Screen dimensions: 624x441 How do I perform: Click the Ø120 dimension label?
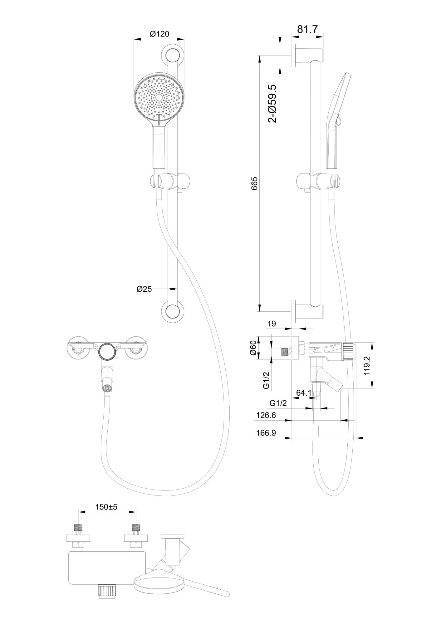159,34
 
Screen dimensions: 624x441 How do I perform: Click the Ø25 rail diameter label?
144,289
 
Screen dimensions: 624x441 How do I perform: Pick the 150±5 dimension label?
106,507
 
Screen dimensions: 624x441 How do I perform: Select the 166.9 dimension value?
266,433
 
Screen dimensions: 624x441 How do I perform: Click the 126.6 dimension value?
266,415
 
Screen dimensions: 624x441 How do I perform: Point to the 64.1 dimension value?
303,393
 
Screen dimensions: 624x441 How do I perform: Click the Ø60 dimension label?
253,348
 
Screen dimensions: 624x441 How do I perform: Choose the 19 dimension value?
272,324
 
